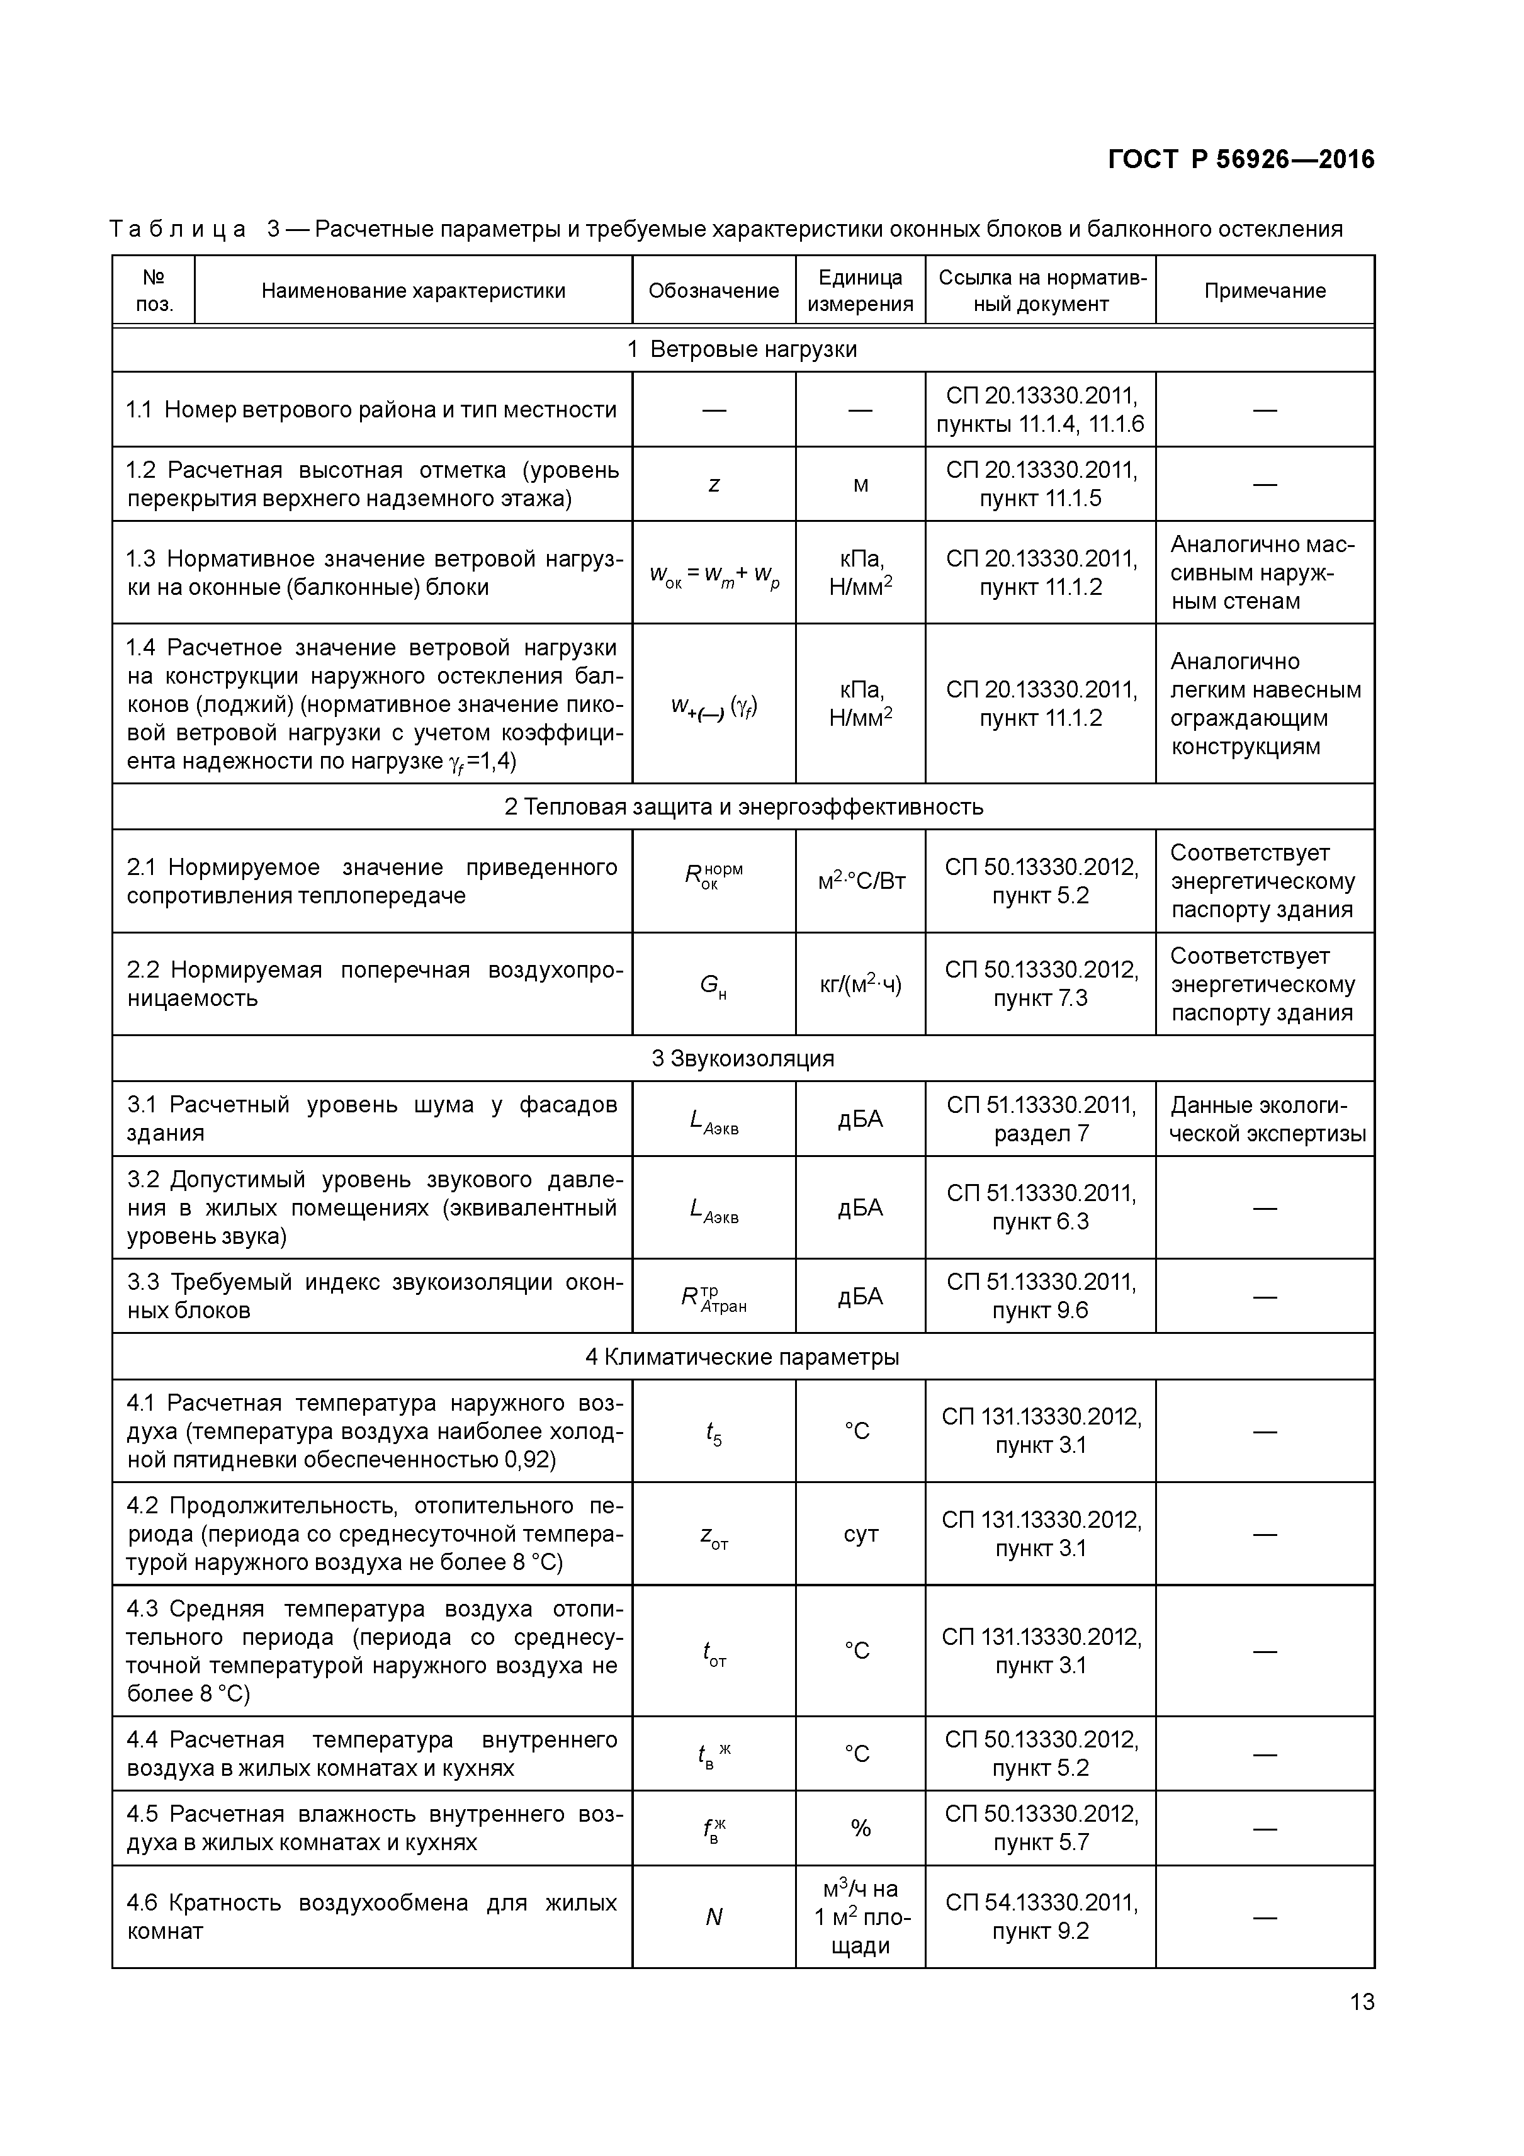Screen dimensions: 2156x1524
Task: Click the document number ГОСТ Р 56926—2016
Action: (x=1241, y=160)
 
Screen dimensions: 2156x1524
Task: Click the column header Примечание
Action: (x=1264, y=291)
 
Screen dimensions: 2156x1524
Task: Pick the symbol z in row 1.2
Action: (x=714, y=485)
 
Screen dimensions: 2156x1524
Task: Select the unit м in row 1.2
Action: (x=860, y=485)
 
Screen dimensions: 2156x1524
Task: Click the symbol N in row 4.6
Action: (x=714, y=1917)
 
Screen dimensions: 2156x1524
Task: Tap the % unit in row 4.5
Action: (x=860, y=1828)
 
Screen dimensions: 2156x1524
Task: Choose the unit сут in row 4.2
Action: (x=860, y=1534)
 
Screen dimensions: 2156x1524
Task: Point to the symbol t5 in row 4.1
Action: (x=714, y=1432)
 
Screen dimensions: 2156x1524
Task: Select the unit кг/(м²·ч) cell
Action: (x=860, y=984)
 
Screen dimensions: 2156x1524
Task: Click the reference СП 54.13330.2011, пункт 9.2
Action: (x=1041, y=1917)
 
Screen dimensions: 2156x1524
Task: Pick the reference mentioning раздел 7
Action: (x=1041, y=1119)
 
